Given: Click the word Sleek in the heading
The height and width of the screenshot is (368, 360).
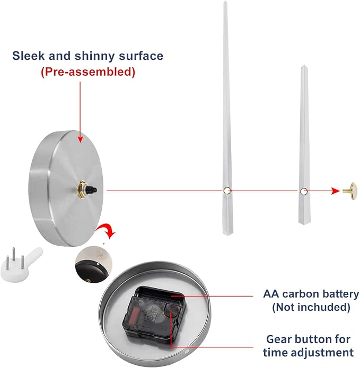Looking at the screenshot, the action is click(28, 56).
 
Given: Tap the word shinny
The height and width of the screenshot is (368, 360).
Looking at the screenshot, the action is click(95, 56).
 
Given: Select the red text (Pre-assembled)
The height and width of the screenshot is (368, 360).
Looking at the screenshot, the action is click(88, 71).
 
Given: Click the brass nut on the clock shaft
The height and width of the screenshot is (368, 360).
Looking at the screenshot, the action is click(82, 190).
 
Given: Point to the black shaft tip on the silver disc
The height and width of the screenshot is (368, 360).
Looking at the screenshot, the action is click(92, 190).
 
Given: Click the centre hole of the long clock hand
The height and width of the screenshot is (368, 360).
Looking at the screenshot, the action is click(227, 190).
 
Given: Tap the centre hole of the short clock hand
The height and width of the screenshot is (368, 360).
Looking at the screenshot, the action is click(304, 191).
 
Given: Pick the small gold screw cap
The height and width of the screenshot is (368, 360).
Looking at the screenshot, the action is click(350, 191).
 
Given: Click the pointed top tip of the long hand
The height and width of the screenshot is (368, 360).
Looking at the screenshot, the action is click(225, 1).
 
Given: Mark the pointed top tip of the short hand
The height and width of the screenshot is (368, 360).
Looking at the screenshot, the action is click(304, 65).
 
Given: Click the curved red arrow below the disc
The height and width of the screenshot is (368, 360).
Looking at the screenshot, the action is click(106, 231).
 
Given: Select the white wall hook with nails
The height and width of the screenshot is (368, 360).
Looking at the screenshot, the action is click(21, 264).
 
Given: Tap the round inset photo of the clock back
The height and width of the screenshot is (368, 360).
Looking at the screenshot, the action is click(93, 264).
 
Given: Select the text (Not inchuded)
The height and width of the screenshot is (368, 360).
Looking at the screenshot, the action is click(311, 307).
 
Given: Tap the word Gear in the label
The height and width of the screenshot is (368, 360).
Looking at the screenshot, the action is click(278, 339).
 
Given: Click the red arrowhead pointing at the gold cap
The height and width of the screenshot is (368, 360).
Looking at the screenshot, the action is click(335, 191).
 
